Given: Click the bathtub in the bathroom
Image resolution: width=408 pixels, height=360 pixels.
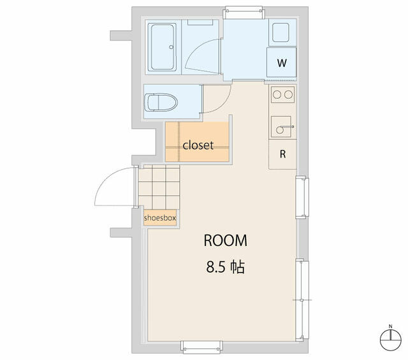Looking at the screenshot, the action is click(162, 47).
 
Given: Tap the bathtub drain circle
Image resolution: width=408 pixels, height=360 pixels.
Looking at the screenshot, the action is click(171, 47).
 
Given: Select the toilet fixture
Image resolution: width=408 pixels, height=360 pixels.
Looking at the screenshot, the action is click(161, 103).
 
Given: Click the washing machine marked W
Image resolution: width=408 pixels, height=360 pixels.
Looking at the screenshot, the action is click(282, 62).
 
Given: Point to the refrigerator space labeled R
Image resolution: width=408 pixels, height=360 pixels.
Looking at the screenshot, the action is click(282, 154).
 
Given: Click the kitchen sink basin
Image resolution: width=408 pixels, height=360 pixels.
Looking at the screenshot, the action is click(281, 127).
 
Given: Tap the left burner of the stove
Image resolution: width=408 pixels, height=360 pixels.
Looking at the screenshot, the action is click(277, 95).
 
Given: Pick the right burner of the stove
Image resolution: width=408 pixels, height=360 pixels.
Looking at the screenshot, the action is click(288, 95).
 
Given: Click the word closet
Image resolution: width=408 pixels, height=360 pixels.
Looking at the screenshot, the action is click(198, 145).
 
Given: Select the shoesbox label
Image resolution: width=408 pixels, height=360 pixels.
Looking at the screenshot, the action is click(160, 218).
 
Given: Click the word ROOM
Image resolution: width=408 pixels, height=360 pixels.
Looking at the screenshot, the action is click(225, 240).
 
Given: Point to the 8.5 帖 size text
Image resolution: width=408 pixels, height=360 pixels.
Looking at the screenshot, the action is click(225, 266).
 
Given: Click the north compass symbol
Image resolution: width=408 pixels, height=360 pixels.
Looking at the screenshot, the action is click(391, 338).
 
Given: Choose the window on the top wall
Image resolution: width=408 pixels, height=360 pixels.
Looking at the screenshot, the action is click(244, 13).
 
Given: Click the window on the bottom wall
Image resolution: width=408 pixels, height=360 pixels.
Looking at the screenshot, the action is click(201, 347).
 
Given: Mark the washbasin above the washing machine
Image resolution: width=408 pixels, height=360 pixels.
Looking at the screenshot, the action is click(280, 32).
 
